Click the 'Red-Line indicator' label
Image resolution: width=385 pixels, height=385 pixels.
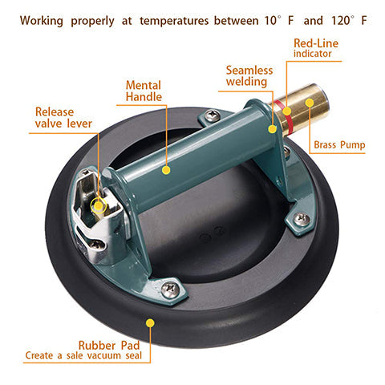(x=316, y=48)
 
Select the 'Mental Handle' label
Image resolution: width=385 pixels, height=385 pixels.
(x=144, y=91)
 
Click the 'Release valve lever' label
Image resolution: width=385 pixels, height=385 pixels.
(x=63, y=117)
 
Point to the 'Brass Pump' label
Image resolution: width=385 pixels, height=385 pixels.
(x=339, y=145)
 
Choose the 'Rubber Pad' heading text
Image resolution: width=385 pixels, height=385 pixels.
(x=109, y=345)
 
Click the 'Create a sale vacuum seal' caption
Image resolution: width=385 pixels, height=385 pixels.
(x=83, y=355)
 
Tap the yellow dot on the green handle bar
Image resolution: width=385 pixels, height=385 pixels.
(x=166, y=170)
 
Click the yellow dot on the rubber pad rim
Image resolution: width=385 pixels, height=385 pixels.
(x=151, y=323)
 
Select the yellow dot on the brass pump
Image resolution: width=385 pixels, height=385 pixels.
(x=310, y=103)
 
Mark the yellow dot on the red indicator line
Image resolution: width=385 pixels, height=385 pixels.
(x=287, y=111)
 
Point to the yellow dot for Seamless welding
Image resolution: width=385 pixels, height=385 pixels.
(x=273, y=129)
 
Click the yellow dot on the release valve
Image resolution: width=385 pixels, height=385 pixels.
(x=99, y=205)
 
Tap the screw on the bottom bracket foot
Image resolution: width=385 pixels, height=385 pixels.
(x=170, y=289)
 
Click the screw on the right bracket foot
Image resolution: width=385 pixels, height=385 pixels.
(x=302, y=219)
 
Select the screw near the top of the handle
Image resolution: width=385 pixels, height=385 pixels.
(x=213, y=115)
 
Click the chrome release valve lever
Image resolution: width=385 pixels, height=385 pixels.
(x=99, y=211)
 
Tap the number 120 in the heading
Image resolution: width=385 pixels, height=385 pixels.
(x=340, y=21)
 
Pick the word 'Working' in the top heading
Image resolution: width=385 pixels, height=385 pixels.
(x=42, y=21)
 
